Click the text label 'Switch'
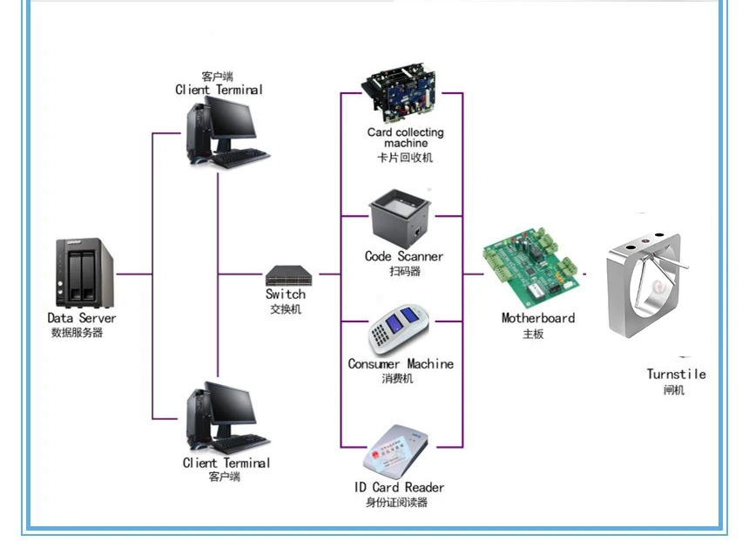click(286, 294)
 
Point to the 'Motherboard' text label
click(537, 318)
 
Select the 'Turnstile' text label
click(676, 374)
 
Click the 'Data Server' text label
click(81, 318)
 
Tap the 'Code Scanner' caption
click(403, 256)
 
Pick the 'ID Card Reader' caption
click(399, 487)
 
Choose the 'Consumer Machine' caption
click(401, 363)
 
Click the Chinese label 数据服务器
click(77, 332)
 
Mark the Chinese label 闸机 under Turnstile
click(673, 389)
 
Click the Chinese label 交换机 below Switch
click(286, 308)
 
